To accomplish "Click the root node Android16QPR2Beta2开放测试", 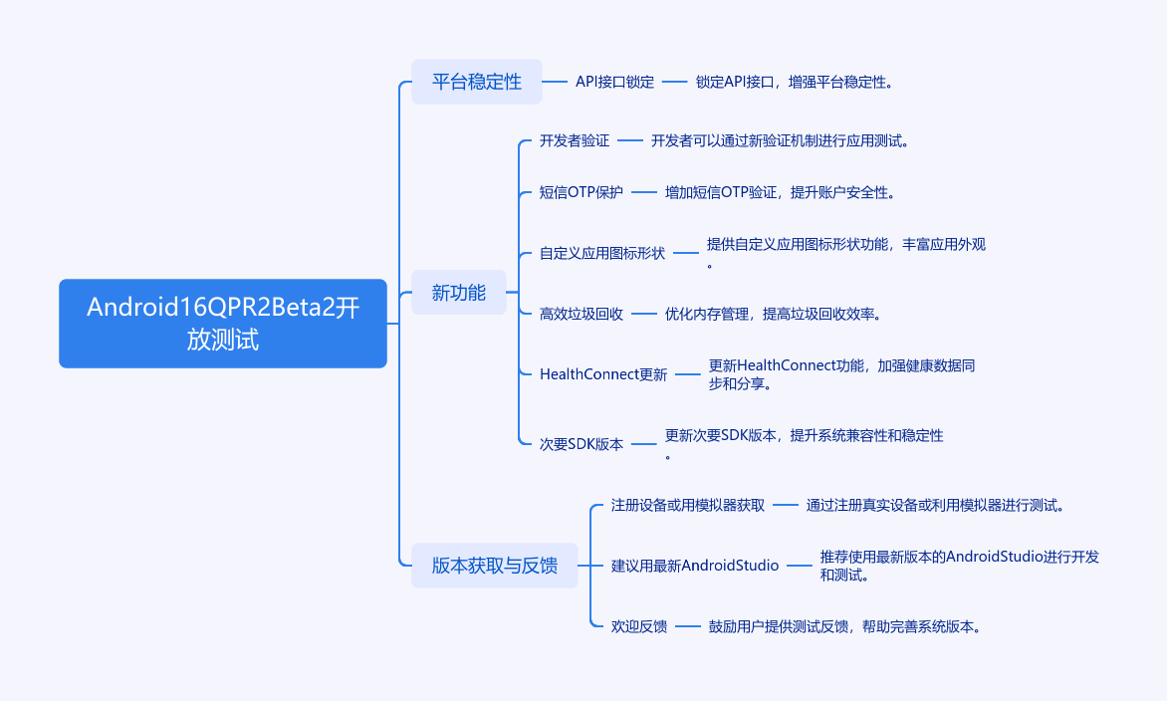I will coord(223,324).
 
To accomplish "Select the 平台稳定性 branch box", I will coord(477,82).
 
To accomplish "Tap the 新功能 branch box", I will coord(459,293).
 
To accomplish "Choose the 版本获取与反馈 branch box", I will coord(495,566).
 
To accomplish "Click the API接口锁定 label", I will coord(615,82).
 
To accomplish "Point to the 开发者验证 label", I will coord(575,141).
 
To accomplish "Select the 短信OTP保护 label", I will coord(582,192).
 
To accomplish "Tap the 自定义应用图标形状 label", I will coord(602,253).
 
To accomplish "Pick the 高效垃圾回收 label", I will coord(582,314).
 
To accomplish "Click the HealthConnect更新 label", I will coord(603,374).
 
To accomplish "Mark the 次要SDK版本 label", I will coord(582,444).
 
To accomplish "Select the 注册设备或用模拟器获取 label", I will coord(688,505).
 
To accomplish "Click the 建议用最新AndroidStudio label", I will coord(695,566).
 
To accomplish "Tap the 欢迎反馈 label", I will coord(639,626).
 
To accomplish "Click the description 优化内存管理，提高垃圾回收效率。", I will coord(774,314).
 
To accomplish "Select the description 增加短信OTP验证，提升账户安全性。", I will coord(781,192).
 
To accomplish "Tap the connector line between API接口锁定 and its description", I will coord(675,82).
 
